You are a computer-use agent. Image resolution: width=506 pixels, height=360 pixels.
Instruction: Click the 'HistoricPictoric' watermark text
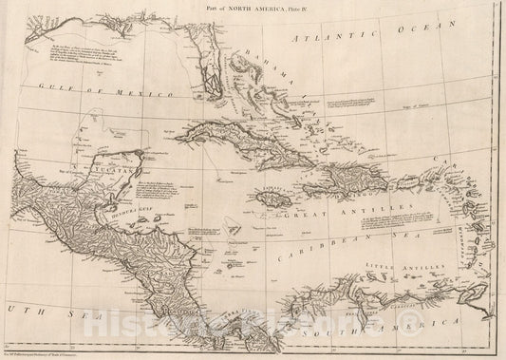point(253,329)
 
